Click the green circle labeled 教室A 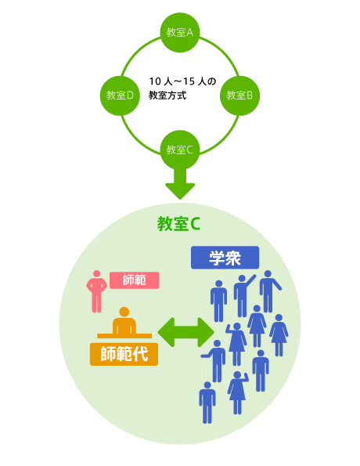(x=180, y=32)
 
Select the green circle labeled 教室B (x=239, y=96)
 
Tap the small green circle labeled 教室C (x=180, y=150)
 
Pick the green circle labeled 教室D (x=120, y=96)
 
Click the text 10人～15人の (x=182, y=81)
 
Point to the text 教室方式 (x=167, y=96)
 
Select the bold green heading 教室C (x=178, y=224)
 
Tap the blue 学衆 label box (x=225, y=258)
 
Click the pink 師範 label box (x=135, y=280)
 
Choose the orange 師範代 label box (x=124, y=354)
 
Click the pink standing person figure (x=96, y=291)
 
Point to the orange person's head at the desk (x=124, y=312)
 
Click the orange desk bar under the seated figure (x=124, y=336)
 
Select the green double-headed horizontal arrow (x=186, y=332)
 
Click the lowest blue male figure (x=207, y=403)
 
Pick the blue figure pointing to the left (x=216, y=361)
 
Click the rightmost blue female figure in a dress (x=279, y=335)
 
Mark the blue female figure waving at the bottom (x=238, y=392)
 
